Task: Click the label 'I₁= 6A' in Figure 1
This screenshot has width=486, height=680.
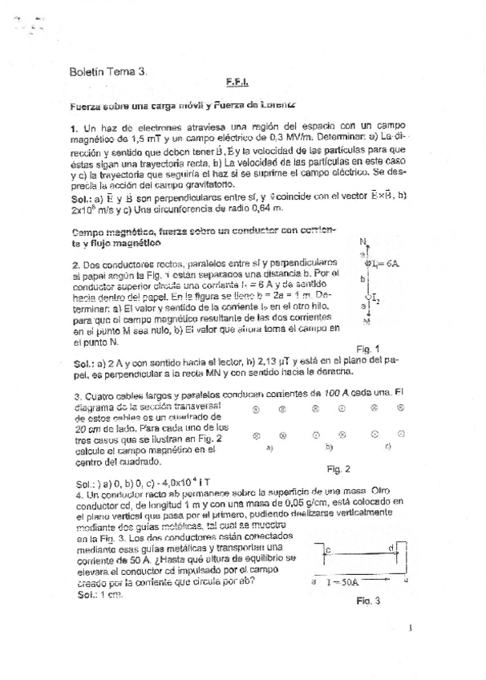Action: click(380, 263)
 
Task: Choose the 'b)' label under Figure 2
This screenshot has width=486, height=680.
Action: click(328, 447)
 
